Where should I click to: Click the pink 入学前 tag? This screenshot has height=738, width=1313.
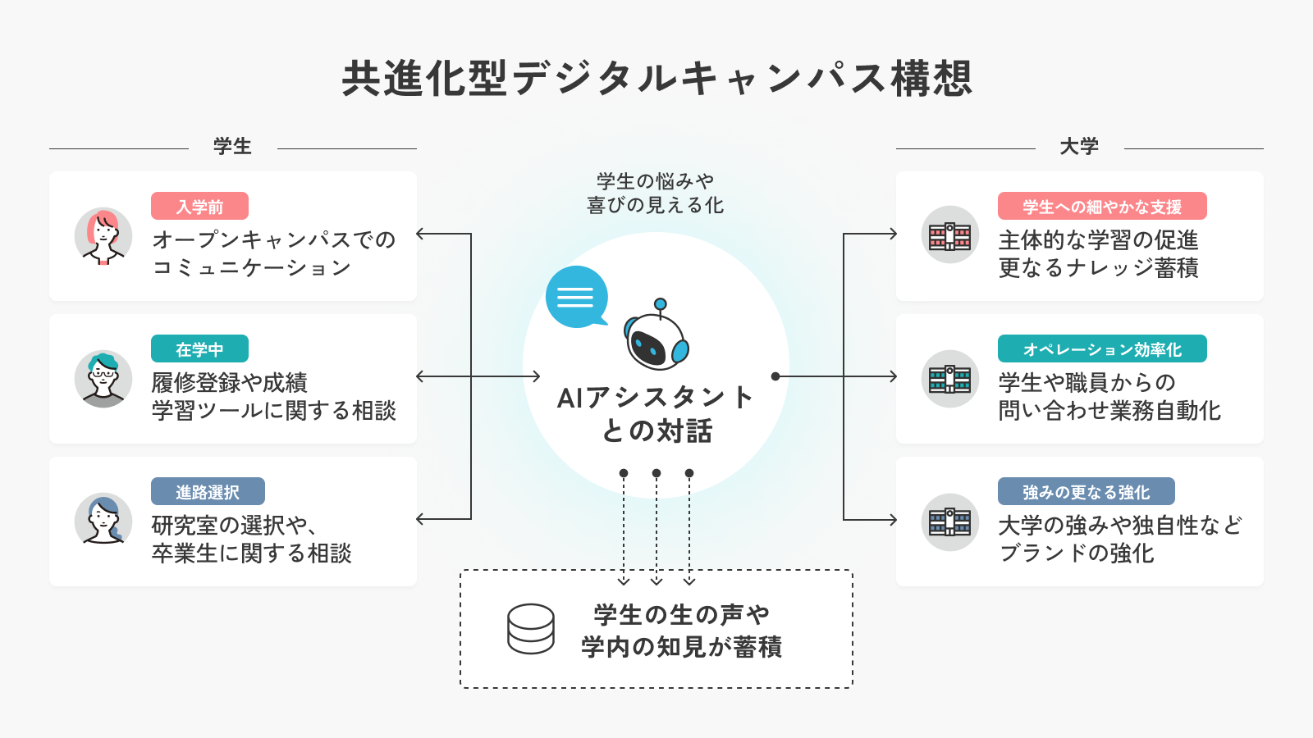point(199,207)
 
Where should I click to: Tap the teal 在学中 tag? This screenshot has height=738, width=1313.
point(199,349)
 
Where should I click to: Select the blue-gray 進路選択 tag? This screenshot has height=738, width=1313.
point(208,492)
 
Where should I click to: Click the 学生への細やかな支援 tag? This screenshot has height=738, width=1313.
point(1102,207)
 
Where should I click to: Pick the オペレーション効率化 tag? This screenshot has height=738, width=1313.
point(1102,349)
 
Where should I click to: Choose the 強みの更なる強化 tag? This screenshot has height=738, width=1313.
point(1086,492)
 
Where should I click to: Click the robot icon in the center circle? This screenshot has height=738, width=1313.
point(656,336)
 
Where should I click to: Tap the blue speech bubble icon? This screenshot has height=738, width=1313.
point(577,297)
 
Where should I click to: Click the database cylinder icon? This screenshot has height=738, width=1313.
point(531,629)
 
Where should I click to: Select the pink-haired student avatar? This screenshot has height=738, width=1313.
point(103,236)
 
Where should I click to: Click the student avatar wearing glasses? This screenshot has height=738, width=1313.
point(103,379)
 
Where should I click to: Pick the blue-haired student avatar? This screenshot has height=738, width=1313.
point(103,522)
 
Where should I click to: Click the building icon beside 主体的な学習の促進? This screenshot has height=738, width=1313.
point(949,236)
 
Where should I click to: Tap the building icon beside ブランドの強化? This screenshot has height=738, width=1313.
point(949,522)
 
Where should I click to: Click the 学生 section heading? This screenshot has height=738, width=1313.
point(232,147)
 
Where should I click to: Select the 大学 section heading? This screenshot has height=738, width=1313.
point(1079,147)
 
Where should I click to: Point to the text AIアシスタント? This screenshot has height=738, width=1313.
point(656,398)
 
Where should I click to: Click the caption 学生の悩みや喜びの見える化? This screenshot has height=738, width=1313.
point(656,193)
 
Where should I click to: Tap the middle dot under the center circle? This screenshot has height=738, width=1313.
point(656,473)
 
